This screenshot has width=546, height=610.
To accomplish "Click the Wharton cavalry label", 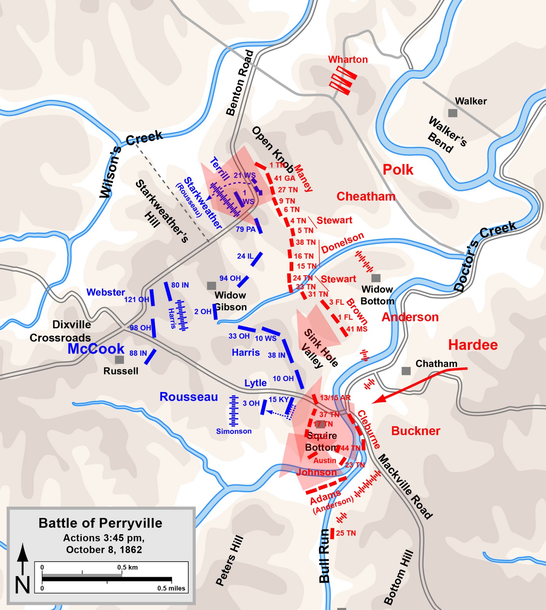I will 348,59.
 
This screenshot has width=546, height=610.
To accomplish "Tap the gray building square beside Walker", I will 453,113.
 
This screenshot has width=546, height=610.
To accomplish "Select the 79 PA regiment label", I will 246,229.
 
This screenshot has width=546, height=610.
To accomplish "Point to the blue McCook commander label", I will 96,348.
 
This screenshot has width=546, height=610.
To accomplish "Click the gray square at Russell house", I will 119,360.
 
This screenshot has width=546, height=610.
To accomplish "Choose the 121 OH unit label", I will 136,299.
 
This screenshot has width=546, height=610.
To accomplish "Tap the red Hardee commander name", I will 473,345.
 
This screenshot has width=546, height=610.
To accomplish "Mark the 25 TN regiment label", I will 346,533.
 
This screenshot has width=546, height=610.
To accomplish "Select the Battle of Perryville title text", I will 100,523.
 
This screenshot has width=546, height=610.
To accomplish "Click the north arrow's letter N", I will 22,585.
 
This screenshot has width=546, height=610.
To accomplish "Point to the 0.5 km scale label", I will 127,567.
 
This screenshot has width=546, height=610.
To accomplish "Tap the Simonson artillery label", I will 234,431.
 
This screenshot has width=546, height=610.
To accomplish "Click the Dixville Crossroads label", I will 61,331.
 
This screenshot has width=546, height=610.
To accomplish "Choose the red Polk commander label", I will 398,170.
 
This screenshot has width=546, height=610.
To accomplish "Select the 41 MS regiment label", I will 357,329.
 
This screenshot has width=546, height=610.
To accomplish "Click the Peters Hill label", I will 230,560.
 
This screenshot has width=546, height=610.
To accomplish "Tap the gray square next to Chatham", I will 406,371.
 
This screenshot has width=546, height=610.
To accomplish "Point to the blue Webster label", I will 106,292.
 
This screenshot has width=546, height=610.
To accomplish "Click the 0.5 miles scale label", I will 171,588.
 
